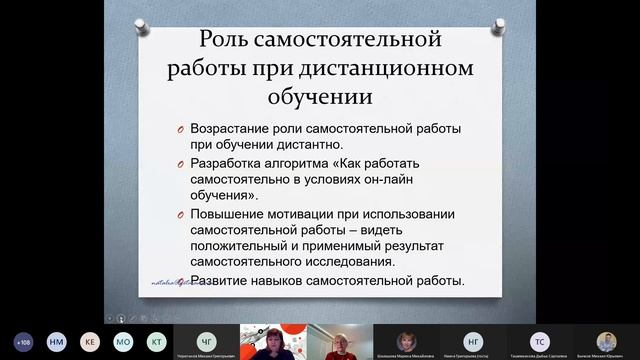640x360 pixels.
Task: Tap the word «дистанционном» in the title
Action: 376,71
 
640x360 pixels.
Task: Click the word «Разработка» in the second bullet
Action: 224,164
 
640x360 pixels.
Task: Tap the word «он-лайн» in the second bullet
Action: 413,180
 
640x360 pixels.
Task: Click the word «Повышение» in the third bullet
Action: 225,215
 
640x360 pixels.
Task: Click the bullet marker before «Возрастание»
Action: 171,130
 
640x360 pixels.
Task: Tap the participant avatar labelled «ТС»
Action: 539,340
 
